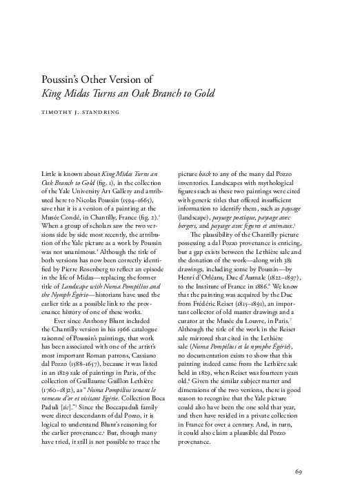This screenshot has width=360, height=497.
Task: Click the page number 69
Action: [299, 472]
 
